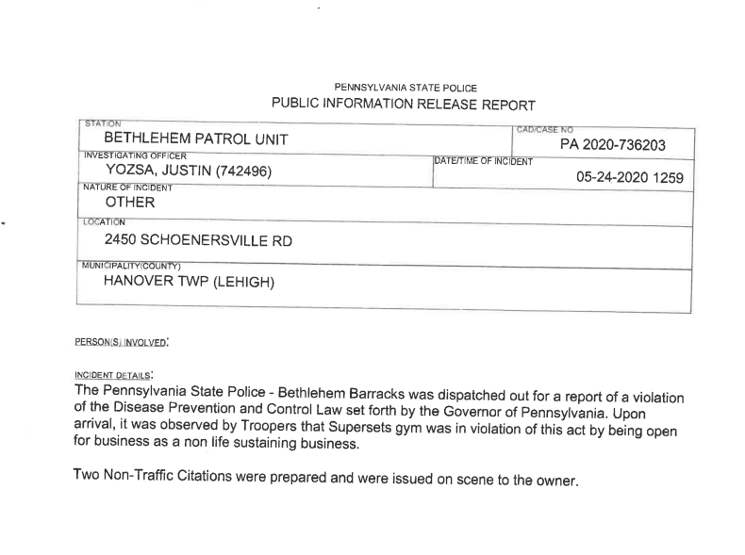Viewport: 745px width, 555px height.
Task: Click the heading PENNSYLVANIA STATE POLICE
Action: point(406,88)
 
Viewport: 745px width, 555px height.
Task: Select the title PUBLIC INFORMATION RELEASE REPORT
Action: point(404,105)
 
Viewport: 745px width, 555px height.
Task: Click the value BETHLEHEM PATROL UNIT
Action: point(196,139)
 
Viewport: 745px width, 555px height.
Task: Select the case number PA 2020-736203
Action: point(612,145)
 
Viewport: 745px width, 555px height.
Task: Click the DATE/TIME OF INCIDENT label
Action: point(482,162)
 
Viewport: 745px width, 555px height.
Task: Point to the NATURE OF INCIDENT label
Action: point(128,188)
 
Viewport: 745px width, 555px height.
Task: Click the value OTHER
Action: point(129,202)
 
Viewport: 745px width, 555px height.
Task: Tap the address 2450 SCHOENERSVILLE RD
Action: point(198,241)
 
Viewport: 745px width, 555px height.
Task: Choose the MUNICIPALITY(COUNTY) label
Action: point(131,266)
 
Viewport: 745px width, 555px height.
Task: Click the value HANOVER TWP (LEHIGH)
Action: point(189,281)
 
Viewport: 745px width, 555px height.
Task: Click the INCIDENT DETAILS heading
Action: point(112,374)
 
